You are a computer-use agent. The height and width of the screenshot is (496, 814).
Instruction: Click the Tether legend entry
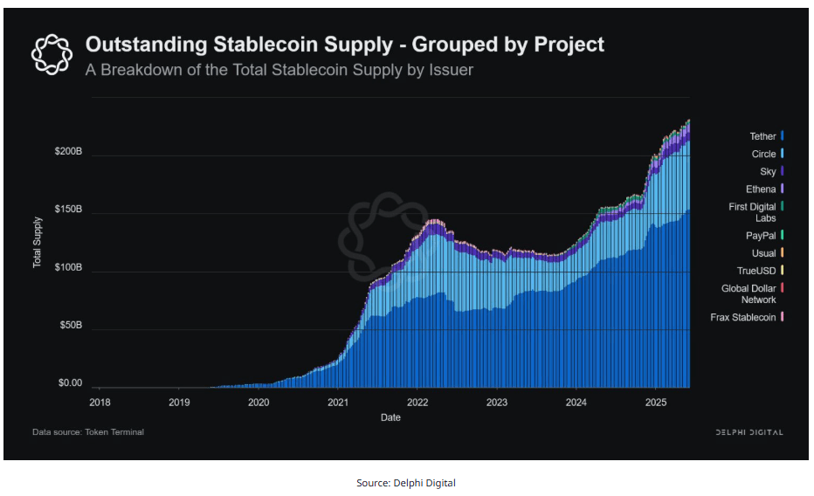click(767, 136)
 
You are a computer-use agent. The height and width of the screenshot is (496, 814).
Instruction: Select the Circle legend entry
click(767, 154)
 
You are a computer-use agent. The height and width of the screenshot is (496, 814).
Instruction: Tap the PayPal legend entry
click(766, 236)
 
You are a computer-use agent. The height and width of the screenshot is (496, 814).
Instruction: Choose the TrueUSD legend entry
click(761, 271)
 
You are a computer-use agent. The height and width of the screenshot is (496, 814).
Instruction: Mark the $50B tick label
click(70, 326)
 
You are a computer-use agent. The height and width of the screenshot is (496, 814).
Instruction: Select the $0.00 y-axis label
click(70, 383)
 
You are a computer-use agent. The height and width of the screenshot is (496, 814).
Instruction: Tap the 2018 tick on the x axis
click(100, 403)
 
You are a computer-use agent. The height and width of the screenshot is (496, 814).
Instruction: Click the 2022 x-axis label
click(417, 403)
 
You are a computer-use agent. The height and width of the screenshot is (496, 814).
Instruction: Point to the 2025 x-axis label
click(656, 403)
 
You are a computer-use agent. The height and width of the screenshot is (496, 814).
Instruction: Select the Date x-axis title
click(390, 417)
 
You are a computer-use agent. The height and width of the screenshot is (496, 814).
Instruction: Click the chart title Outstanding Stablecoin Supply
click(344, 45)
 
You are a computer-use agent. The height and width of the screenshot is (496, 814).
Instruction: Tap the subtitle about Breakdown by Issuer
click(279, 70)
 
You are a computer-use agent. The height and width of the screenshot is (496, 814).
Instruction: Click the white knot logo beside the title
click(51, 54)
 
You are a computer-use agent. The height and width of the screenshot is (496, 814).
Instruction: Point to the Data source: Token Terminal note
click(88, 432)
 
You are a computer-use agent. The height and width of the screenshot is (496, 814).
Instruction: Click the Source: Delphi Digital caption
click(406, 483)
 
